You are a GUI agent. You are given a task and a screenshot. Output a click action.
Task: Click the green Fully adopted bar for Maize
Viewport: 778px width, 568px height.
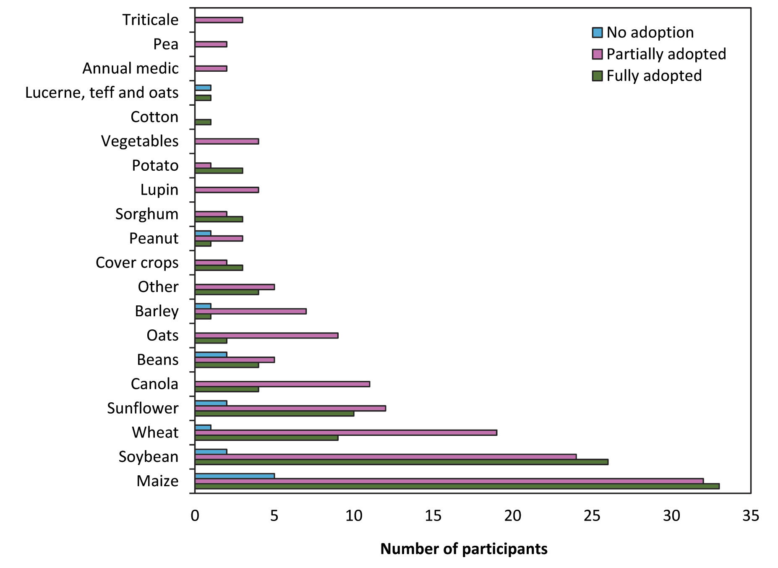click(457, 486)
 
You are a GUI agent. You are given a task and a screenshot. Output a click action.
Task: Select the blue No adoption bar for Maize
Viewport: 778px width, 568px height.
click(235, 476)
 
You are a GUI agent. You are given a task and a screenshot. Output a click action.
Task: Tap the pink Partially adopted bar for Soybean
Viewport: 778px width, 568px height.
click(385, 457)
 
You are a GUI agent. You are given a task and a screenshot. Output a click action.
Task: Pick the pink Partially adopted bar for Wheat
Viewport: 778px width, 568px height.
click(346, 433)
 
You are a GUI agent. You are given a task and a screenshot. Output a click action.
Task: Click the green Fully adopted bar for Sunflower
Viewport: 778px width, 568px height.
click(274, 414)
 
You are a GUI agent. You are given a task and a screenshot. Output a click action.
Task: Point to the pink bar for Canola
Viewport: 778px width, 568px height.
click(282, 384)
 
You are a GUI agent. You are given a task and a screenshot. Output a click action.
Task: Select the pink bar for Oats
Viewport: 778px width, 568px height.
click(266, 336)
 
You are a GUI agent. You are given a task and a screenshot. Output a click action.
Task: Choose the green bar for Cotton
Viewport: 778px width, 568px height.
click(203, 122)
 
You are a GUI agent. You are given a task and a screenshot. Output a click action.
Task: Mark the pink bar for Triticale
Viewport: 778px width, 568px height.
click(219, 20)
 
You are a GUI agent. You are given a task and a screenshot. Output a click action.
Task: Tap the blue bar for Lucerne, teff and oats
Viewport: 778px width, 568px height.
click(203, 88)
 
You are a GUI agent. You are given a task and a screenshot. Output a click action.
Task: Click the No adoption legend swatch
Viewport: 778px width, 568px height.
click(597, 32)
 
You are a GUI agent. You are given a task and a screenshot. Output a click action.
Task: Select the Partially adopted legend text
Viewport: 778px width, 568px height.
click(666, 54)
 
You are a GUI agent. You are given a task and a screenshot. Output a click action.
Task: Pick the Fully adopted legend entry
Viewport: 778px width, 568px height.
click(654, 76)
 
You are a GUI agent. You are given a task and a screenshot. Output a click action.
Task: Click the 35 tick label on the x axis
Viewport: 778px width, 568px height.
click(750, 516)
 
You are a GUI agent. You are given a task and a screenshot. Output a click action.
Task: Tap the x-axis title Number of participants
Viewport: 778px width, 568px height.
click(464, 549)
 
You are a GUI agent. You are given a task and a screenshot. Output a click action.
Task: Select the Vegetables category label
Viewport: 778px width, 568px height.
click(140, 141)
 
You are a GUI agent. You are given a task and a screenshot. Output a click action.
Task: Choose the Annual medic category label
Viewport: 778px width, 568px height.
click(131, 68)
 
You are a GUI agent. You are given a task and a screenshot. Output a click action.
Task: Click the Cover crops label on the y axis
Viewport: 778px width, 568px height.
click(137, 263)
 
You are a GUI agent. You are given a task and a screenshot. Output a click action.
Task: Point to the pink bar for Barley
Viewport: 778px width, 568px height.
click(251, 311)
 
